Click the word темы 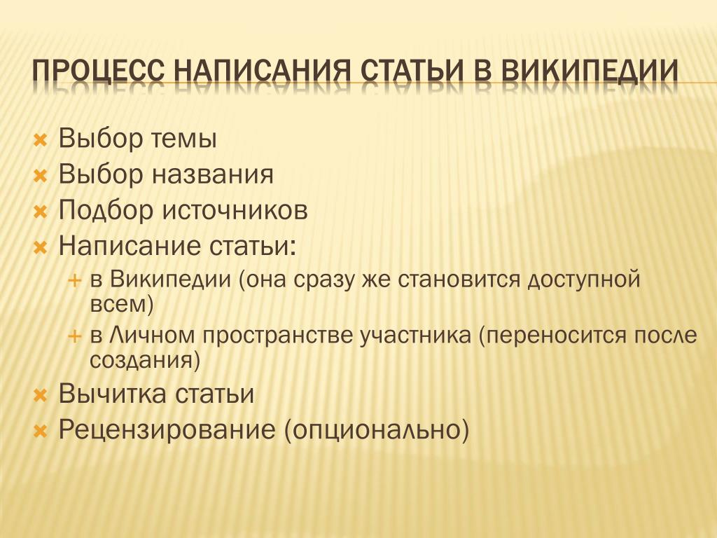click(x=183, y=139)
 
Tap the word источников click(x=235, y=210)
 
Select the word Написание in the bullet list click(x=130, y=246)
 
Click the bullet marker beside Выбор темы click(x=41, y=140)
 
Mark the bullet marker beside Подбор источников click(x=41, y=212)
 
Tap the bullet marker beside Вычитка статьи click(x=41, y=395)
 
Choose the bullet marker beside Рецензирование click(x=41, y=431)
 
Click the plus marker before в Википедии click(x=74, y=280)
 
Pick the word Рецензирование click(x=167, y=431)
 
